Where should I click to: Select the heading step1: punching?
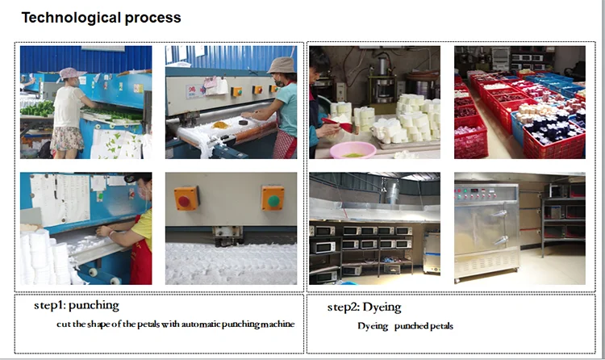click(x=77, y=306)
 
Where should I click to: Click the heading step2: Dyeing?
click(x=365, y=308)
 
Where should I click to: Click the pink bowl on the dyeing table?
click(x=353, y=150)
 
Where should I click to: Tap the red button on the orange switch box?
click(x=184, y=200)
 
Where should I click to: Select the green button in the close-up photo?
click(x=273, y=200)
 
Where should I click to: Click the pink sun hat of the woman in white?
click(x=72, y=73)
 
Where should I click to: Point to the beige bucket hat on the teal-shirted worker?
click(x=282, y=65)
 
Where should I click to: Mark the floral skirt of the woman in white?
click(x=67, y=139)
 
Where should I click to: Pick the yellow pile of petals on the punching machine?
click(x=221, y=125)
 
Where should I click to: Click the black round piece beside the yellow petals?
click(x=243, y=123)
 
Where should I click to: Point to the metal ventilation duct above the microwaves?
click(x=392, y=193)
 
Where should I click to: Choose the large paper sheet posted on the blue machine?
click(x=61, y=199)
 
